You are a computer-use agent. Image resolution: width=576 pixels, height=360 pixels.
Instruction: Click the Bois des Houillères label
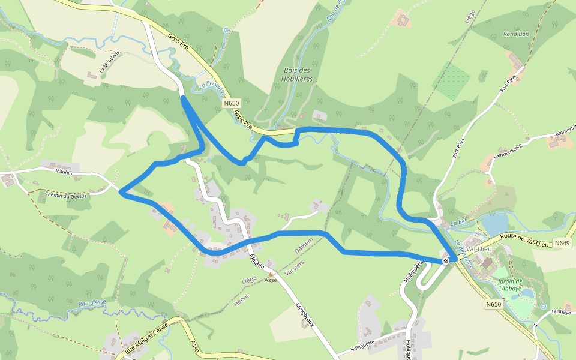297,74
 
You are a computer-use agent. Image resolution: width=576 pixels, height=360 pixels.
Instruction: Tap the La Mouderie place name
110,61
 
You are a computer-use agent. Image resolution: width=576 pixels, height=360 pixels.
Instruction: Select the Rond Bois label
517,34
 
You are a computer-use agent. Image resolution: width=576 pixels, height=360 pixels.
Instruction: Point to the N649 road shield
562,243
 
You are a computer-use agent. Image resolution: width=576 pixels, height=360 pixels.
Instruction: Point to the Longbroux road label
305,314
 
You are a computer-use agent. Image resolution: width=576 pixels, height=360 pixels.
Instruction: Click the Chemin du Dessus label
66,195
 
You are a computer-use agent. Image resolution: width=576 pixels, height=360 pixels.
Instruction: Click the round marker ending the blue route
446,260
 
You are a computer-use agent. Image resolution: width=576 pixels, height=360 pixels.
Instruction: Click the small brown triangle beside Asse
271,274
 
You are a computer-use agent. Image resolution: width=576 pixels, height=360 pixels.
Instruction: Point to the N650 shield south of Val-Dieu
493,304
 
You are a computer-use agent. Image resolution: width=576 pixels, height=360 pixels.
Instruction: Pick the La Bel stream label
458,222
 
